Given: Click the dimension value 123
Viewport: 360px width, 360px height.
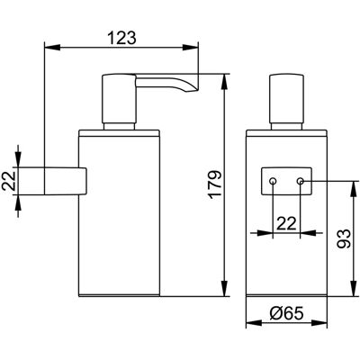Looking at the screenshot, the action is (x=121, y=38).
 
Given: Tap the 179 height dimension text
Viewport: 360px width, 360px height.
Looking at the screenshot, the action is (x=215, y=184).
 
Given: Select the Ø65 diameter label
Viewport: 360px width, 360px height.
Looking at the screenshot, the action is (x=286, y=313).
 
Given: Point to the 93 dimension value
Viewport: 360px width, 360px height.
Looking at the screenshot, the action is (x=344, y=238).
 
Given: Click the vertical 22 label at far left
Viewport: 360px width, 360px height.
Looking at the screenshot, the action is (x=10, y=181).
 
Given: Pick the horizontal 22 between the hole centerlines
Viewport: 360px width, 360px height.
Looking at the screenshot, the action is (x=286, y=223).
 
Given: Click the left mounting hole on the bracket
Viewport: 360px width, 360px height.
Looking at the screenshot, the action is (x=273, y=181).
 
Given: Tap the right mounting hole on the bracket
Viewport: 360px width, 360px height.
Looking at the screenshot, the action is (x=301, y=181).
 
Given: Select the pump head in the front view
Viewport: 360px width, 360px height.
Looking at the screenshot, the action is (x=286, y=98).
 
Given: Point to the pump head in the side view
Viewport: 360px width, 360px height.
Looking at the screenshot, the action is (x=119, y=98).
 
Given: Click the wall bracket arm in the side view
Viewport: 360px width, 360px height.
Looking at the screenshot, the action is (x=66, y=181).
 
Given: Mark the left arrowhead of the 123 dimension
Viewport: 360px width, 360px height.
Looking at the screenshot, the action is (x=52, y=48).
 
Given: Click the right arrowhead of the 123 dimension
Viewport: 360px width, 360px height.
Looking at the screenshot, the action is (x=191, y=48).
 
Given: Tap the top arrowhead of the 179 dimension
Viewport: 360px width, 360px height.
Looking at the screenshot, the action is (x=224, y=82).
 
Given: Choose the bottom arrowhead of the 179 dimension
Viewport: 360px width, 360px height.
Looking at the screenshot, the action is (x=224, y=288).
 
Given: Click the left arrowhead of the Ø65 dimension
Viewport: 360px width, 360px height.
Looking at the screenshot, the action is (x=254, y=323).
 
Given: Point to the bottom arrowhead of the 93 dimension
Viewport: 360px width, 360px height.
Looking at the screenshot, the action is (x=354, y=288).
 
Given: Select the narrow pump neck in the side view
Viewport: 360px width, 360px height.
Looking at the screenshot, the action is (x=119, y=126).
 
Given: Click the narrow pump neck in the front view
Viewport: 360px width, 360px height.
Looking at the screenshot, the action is (x=286, y=126).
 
